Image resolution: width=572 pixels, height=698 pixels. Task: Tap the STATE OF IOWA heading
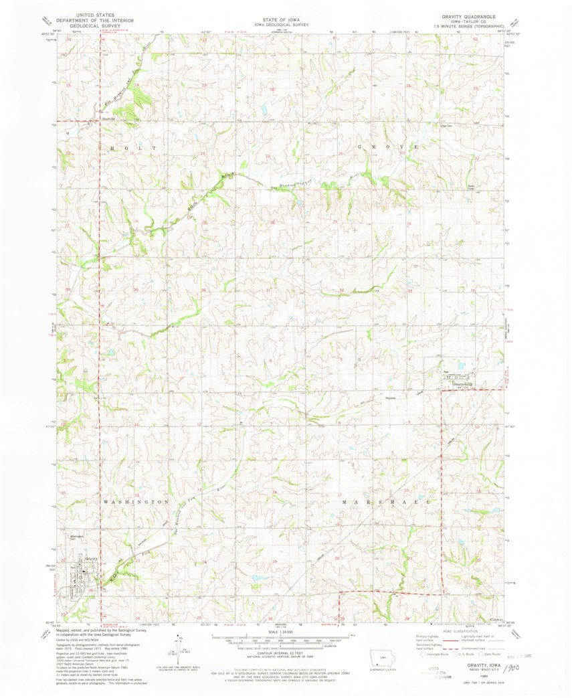(286, 14)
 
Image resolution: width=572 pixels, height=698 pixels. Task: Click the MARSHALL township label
(383, 501)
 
